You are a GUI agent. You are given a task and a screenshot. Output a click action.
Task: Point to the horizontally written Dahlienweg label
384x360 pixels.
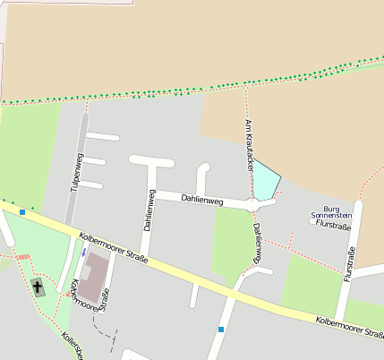[201, 201]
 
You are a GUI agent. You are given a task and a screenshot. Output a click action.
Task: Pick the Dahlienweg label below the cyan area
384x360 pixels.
[258, 244]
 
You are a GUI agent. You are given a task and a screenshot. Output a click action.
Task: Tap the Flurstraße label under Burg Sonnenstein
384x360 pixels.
[333, 226]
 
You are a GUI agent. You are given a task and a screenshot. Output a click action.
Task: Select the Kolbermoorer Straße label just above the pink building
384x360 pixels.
[113, 250]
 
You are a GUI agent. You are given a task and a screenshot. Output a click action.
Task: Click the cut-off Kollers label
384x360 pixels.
[70, 347]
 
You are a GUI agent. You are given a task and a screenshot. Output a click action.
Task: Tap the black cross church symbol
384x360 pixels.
[38, 287]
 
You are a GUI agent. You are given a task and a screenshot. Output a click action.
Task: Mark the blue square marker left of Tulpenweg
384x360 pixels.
[22, 211]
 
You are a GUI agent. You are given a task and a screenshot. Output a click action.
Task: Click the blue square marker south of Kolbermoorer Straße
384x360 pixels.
[220, 330]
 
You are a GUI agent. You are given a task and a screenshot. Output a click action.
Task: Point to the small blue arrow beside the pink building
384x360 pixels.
[83, 253]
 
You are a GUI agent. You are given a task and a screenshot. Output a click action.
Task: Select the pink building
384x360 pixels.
[97, 270]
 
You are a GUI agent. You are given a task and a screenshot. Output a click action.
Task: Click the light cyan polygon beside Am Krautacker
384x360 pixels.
[267, 182]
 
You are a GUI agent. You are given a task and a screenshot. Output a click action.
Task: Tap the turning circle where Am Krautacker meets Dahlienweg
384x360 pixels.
[256, 205]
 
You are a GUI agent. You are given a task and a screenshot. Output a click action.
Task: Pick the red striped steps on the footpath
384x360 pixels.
[21, 257]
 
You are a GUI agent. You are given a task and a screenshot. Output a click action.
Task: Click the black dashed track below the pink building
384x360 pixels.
[106, 335]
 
